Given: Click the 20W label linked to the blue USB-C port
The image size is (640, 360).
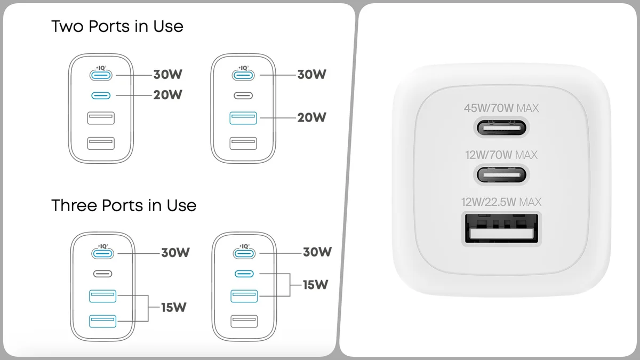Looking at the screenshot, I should point(167,95).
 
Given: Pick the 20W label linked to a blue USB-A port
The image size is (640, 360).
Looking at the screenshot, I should point(311,117).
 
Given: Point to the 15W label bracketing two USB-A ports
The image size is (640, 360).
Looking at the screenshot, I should point(174,307).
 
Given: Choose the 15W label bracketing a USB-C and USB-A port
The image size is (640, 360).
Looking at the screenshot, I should point(316,284).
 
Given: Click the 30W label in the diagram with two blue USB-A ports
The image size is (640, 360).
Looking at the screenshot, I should point(175,252).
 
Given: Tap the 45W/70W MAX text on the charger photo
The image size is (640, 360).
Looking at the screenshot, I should point(501,108).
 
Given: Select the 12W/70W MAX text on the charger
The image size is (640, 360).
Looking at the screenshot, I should point(501,155).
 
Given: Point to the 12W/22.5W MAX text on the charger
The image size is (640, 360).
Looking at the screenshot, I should point(501,202).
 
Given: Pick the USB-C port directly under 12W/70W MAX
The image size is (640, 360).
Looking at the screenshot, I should point(501,174).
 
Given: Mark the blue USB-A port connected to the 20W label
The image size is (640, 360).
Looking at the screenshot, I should point(244,117).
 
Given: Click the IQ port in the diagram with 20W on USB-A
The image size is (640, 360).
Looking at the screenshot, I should point(244,75).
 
